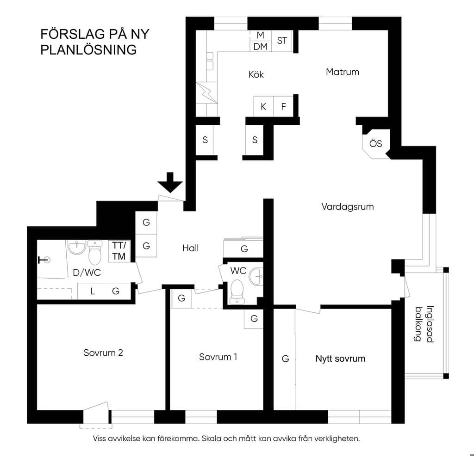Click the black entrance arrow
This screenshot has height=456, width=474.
pos(170,182)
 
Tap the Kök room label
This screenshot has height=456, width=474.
pos(256,74)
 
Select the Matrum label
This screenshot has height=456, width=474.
pos(343,72)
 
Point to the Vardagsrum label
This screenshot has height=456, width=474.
pos(347,207)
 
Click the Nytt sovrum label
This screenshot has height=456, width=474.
pos(340,359)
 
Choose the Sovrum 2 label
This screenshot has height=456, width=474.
pos(103,353)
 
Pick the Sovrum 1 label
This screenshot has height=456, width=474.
pos(218,357)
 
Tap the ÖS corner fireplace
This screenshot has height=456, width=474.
pos(376,144)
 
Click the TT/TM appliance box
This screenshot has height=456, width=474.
pos(119,251)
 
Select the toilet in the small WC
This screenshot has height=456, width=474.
pos(237,291)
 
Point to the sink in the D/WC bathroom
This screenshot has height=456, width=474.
pos(77,248)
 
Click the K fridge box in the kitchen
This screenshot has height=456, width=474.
pos(263,106)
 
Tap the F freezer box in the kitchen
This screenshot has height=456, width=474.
pos(284,106)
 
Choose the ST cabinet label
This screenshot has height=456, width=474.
pos(282,41)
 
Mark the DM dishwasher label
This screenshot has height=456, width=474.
pos(261,47)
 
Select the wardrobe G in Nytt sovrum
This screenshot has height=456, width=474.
pos(285,359)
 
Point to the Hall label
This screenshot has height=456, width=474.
pos(190,248)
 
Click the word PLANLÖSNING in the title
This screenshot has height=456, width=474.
pos(88,50)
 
